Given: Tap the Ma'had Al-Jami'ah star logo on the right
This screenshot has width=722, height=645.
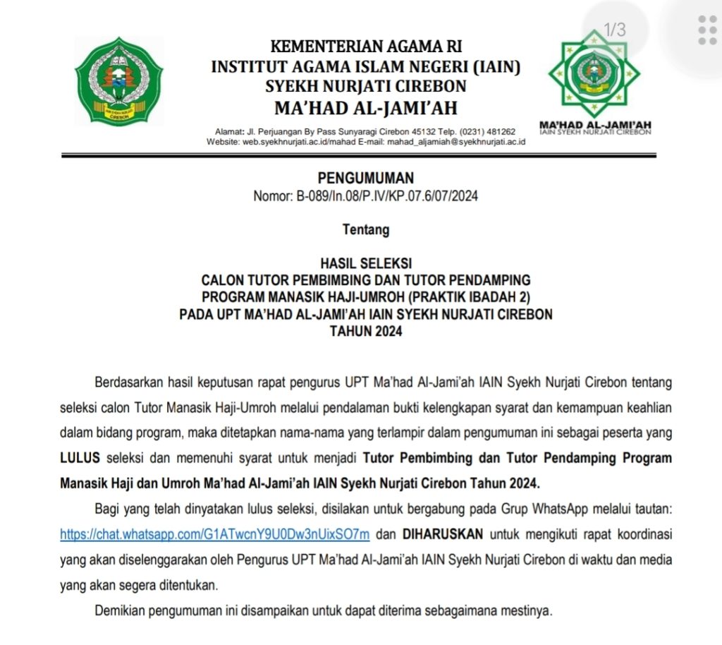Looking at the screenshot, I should click(594, 76).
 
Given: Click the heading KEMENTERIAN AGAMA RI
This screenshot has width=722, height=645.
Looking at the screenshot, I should click(366, 47).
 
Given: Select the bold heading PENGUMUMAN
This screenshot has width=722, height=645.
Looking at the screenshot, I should click(365, 178).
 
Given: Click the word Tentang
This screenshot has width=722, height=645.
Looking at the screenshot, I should click(365, 229).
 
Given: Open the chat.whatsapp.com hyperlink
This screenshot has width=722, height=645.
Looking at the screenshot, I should click(215, 534).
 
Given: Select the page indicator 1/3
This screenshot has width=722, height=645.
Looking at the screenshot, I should click(615, 30).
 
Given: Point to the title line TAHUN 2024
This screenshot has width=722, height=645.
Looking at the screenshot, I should click(365, 331).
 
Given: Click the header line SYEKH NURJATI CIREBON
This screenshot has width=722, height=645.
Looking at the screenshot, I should click(365, 86).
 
